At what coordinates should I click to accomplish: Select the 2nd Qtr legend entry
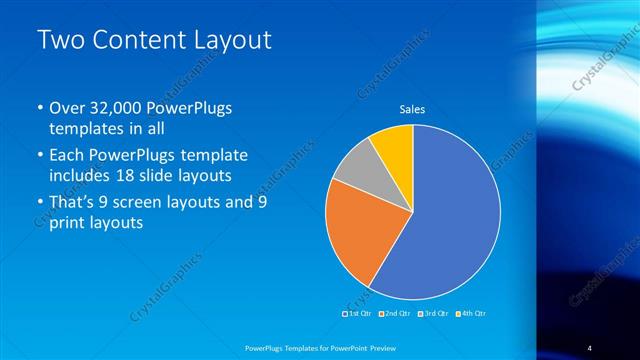(x=395, y=314)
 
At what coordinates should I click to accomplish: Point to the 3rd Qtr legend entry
(x=433, y=314)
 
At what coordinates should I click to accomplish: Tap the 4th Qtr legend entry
(x=471, y=314)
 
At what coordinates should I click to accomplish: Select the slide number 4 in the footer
(x=590, y=347)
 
